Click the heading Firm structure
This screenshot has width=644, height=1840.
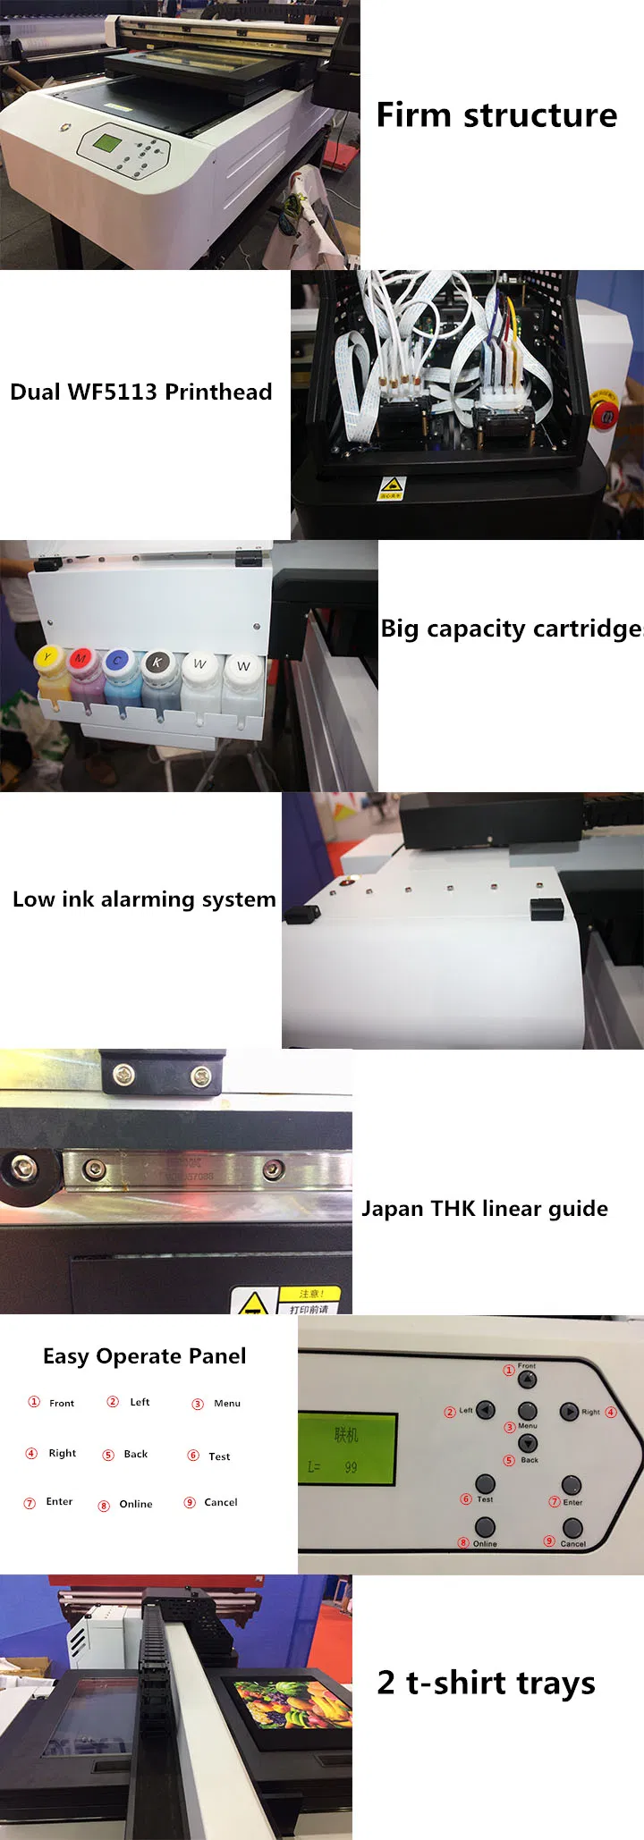click(496, 115)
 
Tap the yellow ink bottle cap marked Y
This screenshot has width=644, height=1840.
click(48, 659)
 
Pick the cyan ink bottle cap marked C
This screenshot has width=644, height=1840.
click(117, 661)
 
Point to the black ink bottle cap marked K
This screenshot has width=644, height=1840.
click(157, 662)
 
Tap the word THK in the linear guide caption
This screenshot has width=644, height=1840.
click(454, 1209)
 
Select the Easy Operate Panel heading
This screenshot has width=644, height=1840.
click(144, 1356)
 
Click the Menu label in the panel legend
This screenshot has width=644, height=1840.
click(227, 1404)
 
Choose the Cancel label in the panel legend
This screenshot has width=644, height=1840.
click(220, 1503)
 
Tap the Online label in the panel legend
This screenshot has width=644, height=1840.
click(135, 1505)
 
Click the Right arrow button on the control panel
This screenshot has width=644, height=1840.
click(569, 1412)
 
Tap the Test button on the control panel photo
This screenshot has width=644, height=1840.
click(485, 1484)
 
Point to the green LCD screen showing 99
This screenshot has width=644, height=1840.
click(346, 1448)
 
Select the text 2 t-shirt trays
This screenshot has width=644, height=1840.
click(486, 1683)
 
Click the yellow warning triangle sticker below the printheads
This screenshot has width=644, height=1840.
click(391, 485)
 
